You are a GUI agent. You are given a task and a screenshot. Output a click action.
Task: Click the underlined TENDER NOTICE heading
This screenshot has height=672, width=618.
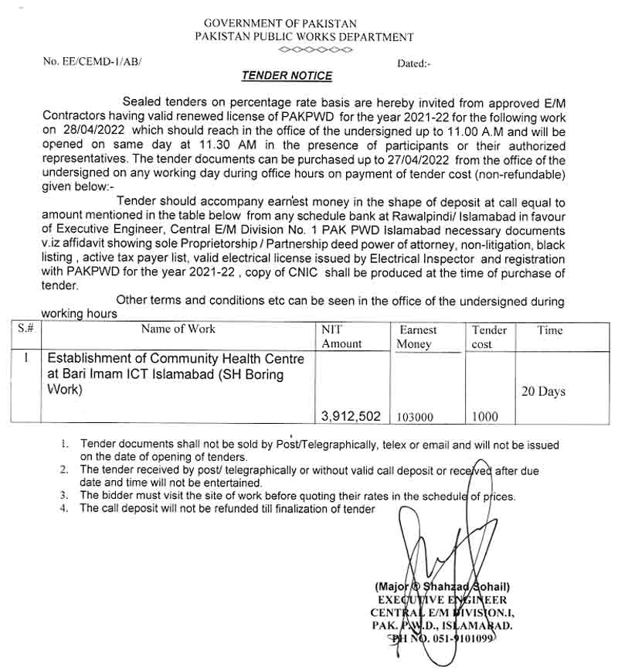[287, 76]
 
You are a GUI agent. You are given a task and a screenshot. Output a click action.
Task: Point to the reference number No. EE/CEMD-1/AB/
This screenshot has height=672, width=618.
[93, 60]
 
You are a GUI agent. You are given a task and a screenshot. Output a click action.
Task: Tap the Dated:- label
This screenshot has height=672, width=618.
[414, 63]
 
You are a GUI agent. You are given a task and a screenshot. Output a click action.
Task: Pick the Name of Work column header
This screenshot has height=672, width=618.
[178, 329]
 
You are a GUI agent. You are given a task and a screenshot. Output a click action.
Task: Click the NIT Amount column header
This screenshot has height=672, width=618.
[341, 336]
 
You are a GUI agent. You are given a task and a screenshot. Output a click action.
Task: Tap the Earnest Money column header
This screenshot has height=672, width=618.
[417, 336]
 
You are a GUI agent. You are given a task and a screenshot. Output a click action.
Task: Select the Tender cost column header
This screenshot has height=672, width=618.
[489, 336]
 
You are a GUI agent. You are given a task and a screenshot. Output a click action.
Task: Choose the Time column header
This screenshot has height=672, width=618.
[550, 330]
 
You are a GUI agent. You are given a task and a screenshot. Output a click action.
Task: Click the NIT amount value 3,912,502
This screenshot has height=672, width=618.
[351, 416]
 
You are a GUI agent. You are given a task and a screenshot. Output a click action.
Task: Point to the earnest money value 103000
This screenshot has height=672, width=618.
[415, 417]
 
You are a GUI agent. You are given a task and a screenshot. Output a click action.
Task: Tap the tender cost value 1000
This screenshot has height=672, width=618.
[485, 417]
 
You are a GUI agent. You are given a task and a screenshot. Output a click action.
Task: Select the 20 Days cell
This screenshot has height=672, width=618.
[543, 391]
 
